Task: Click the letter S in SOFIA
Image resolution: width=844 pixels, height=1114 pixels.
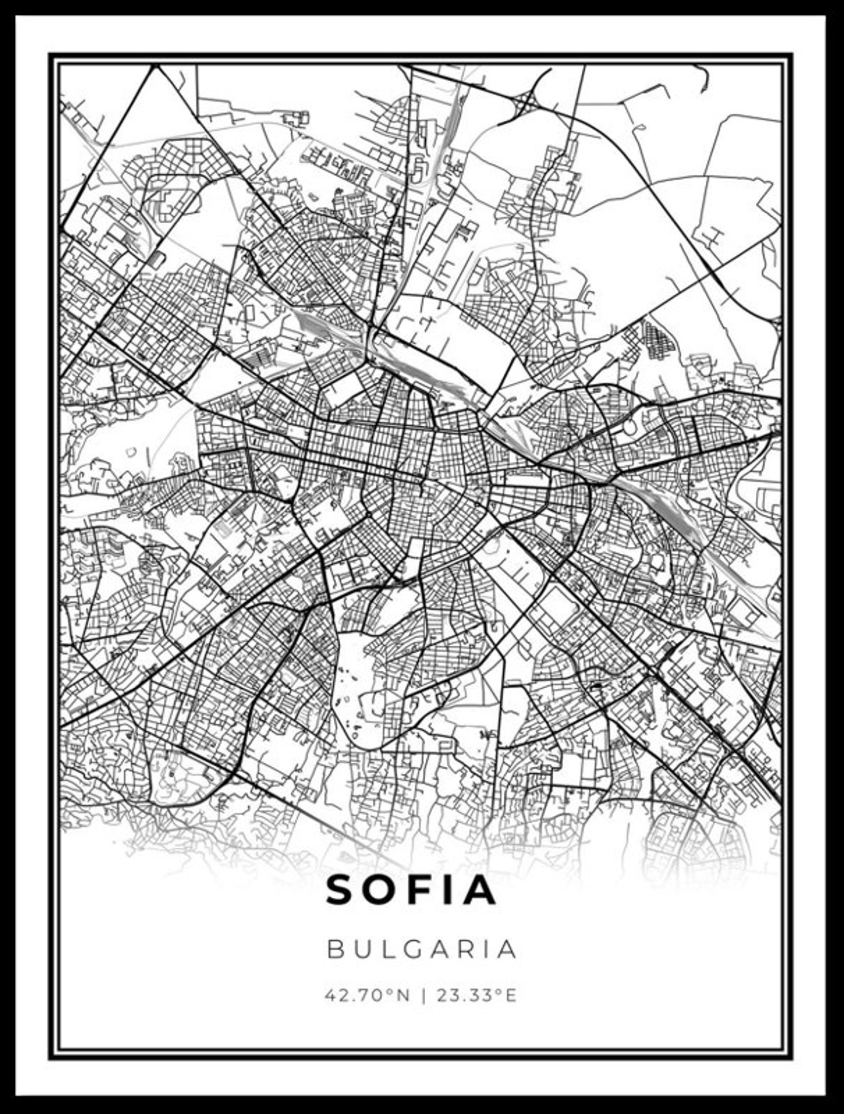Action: pyautogui.click(x=340, y=890)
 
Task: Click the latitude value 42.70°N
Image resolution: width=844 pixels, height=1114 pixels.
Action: pyautogui.click(x=368, y=995)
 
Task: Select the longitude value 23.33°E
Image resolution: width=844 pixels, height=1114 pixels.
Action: pyautogui.click(x=477, y=995)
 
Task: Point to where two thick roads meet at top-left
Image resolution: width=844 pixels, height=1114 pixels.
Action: pyautogui.click(x=157, y=66)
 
